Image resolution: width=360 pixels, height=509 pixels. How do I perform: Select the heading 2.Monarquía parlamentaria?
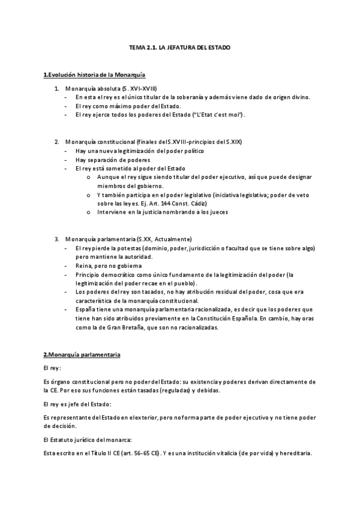(x=82, y=355)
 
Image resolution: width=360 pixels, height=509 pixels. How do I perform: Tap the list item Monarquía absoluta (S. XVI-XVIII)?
(x=111, y=88)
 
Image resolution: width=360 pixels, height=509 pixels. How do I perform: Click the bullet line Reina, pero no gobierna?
(x=109, y=265)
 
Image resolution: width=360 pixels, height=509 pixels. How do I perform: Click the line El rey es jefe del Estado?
(x=77, y=405)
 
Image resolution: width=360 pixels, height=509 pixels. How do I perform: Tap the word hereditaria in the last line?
(x=295, y=453)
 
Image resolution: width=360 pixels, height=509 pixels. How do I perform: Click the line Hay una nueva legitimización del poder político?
(x=139, y=151)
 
